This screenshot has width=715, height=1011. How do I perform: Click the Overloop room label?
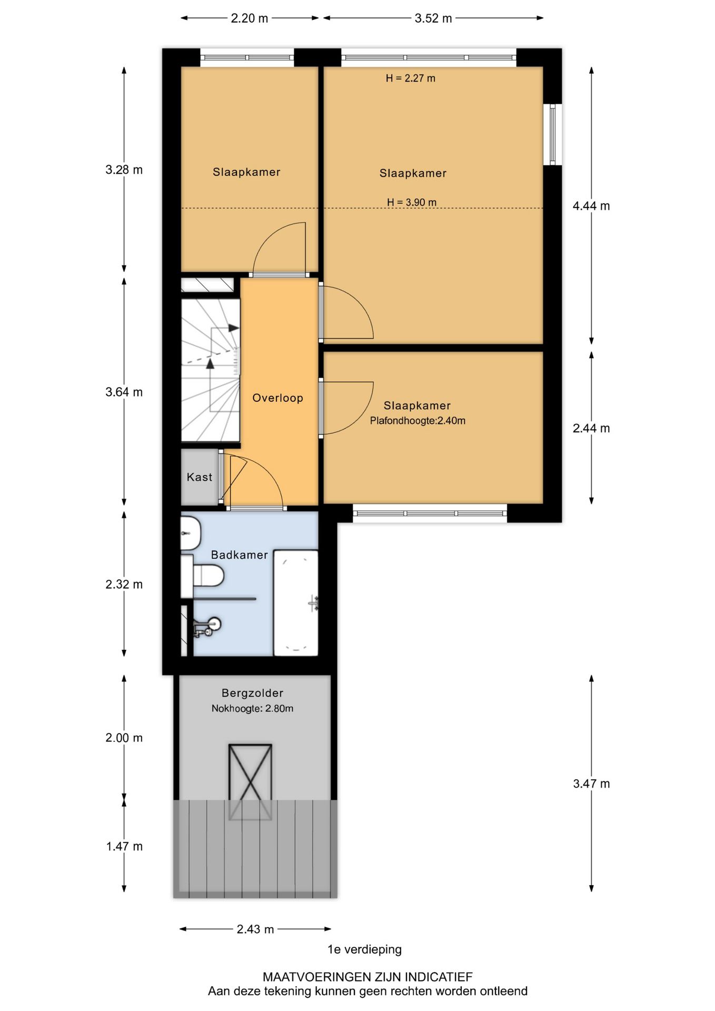(x=277, y=398)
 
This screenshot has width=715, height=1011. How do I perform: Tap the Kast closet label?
(x=200, y=477)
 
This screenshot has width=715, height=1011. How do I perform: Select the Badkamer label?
(x=240, y=555)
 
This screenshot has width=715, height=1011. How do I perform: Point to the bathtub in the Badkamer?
(x=296, y=603)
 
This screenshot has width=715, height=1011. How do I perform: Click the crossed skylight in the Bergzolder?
(x=250, y=781)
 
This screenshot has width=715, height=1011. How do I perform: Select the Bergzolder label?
(x=253, y=693)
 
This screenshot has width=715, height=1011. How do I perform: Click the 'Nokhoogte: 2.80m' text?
(x=253, y=709)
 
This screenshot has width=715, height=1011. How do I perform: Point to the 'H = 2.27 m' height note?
(x=411, y=78)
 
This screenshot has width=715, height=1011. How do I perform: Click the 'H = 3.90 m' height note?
(x=412, y=202)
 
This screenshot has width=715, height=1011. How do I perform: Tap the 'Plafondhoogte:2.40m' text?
(x=418, y=421)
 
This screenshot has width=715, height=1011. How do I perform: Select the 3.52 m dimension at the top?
(x=433, y=18)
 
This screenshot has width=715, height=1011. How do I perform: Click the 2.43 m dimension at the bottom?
(x=255, y=929)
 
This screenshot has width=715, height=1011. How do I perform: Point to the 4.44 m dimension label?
(x=591, y=206)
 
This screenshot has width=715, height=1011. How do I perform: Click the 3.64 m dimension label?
(x=124, y=392)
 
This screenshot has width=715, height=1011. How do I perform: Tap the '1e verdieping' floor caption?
(x=364, y=949)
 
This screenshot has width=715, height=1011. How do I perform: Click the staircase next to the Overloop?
(x=211, y=370)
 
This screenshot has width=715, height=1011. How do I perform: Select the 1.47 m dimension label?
(x=124, y=846)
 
